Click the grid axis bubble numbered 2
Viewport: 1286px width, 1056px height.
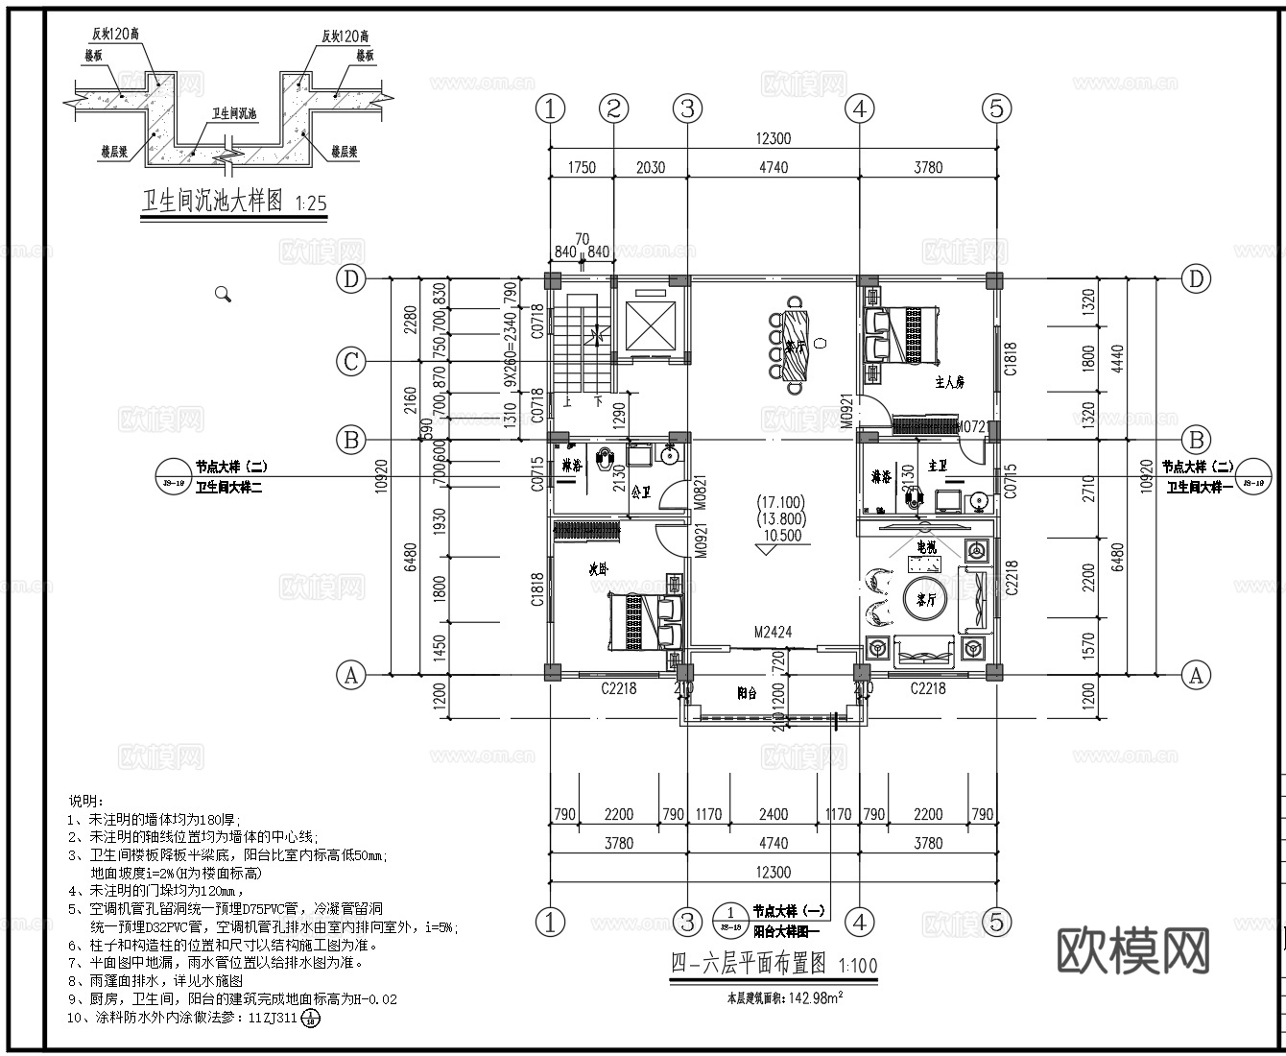(x=614, y=108)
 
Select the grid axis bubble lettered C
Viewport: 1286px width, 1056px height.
(x=352, y=362)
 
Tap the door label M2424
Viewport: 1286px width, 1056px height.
(x=772, y=633)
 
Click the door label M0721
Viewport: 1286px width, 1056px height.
(x=973, y=426)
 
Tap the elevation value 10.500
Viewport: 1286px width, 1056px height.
(x=781, y=537)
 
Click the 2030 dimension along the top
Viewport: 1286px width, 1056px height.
(x=650, y=167)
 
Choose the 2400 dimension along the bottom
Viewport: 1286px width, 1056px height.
(x=773, y=814)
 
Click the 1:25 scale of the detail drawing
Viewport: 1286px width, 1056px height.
(x=311, y=204)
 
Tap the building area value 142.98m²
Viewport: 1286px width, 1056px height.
(x=816, y=997)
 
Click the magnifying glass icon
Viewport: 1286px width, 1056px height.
(x=224, y=295)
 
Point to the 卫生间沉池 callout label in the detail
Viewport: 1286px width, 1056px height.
(x=234, y=113)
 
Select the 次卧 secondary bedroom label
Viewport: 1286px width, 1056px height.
(x=599, y=569)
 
